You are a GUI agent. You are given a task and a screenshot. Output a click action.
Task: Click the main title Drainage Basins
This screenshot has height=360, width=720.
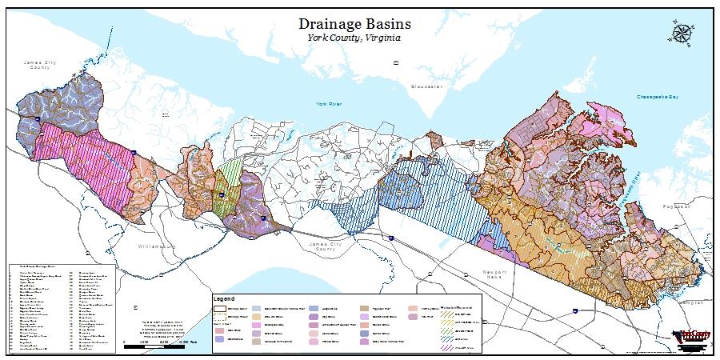click(x=359, y=23)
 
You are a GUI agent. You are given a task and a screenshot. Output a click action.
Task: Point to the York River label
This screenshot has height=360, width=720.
click(x=329, y=104)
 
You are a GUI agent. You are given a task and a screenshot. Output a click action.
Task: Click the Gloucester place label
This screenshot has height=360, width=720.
click(x=426, y=86)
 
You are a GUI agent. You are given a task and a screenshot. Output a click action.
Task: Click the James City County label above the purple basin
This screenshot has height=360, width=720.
click(x=40, y=65)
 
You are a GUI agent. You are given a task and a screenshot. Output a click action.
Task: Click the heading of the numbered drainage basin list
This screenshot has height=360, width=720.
click(x=38, y=266)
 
